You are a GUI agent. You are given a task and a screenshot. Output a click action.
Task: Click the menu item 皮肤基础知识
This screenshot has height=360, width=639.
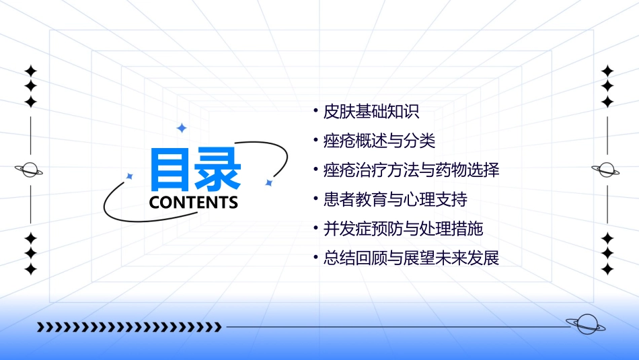371,112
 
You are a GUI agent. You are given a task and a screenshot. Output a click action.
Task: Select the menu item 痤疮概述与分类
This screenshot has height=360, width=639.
379,141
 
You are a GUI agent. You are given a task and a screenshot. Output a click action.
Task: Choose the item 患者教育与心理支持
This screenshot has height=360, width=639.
396,200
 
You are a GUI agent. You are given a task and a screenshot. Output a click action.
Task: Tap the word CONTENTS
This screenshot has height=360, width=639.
194,203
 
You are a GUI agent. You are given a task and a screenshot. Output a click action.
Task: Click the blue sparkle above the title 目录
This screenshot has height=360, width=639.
181,128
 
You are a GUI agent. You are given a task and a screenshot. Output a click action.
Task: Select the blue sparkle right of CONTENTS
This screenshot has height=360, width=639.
268,182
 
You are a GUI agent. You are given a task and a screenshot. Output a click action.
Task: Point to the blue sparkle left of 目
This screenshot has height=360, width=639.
130,176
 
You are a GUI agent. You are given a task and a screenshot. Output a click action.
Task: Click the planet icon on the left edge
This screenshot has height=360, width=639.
30,170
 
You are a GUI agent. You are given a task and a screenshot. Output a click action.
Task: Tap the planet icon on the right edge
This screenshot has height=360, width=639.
606,170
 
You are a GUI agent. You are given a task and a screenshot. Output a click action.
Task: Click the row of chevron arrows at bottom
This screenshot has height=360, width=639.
129,327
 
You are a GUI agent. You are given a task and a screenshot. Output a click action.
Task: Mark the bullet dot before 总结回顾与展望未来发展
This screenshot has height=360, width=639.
316,257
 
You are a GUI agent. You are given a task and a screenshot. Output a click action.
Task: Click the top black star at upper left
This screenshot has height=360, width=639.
30,71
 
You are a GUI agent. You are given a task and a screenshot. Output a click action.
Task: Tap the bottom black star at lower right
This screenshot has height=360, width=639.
607,269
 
